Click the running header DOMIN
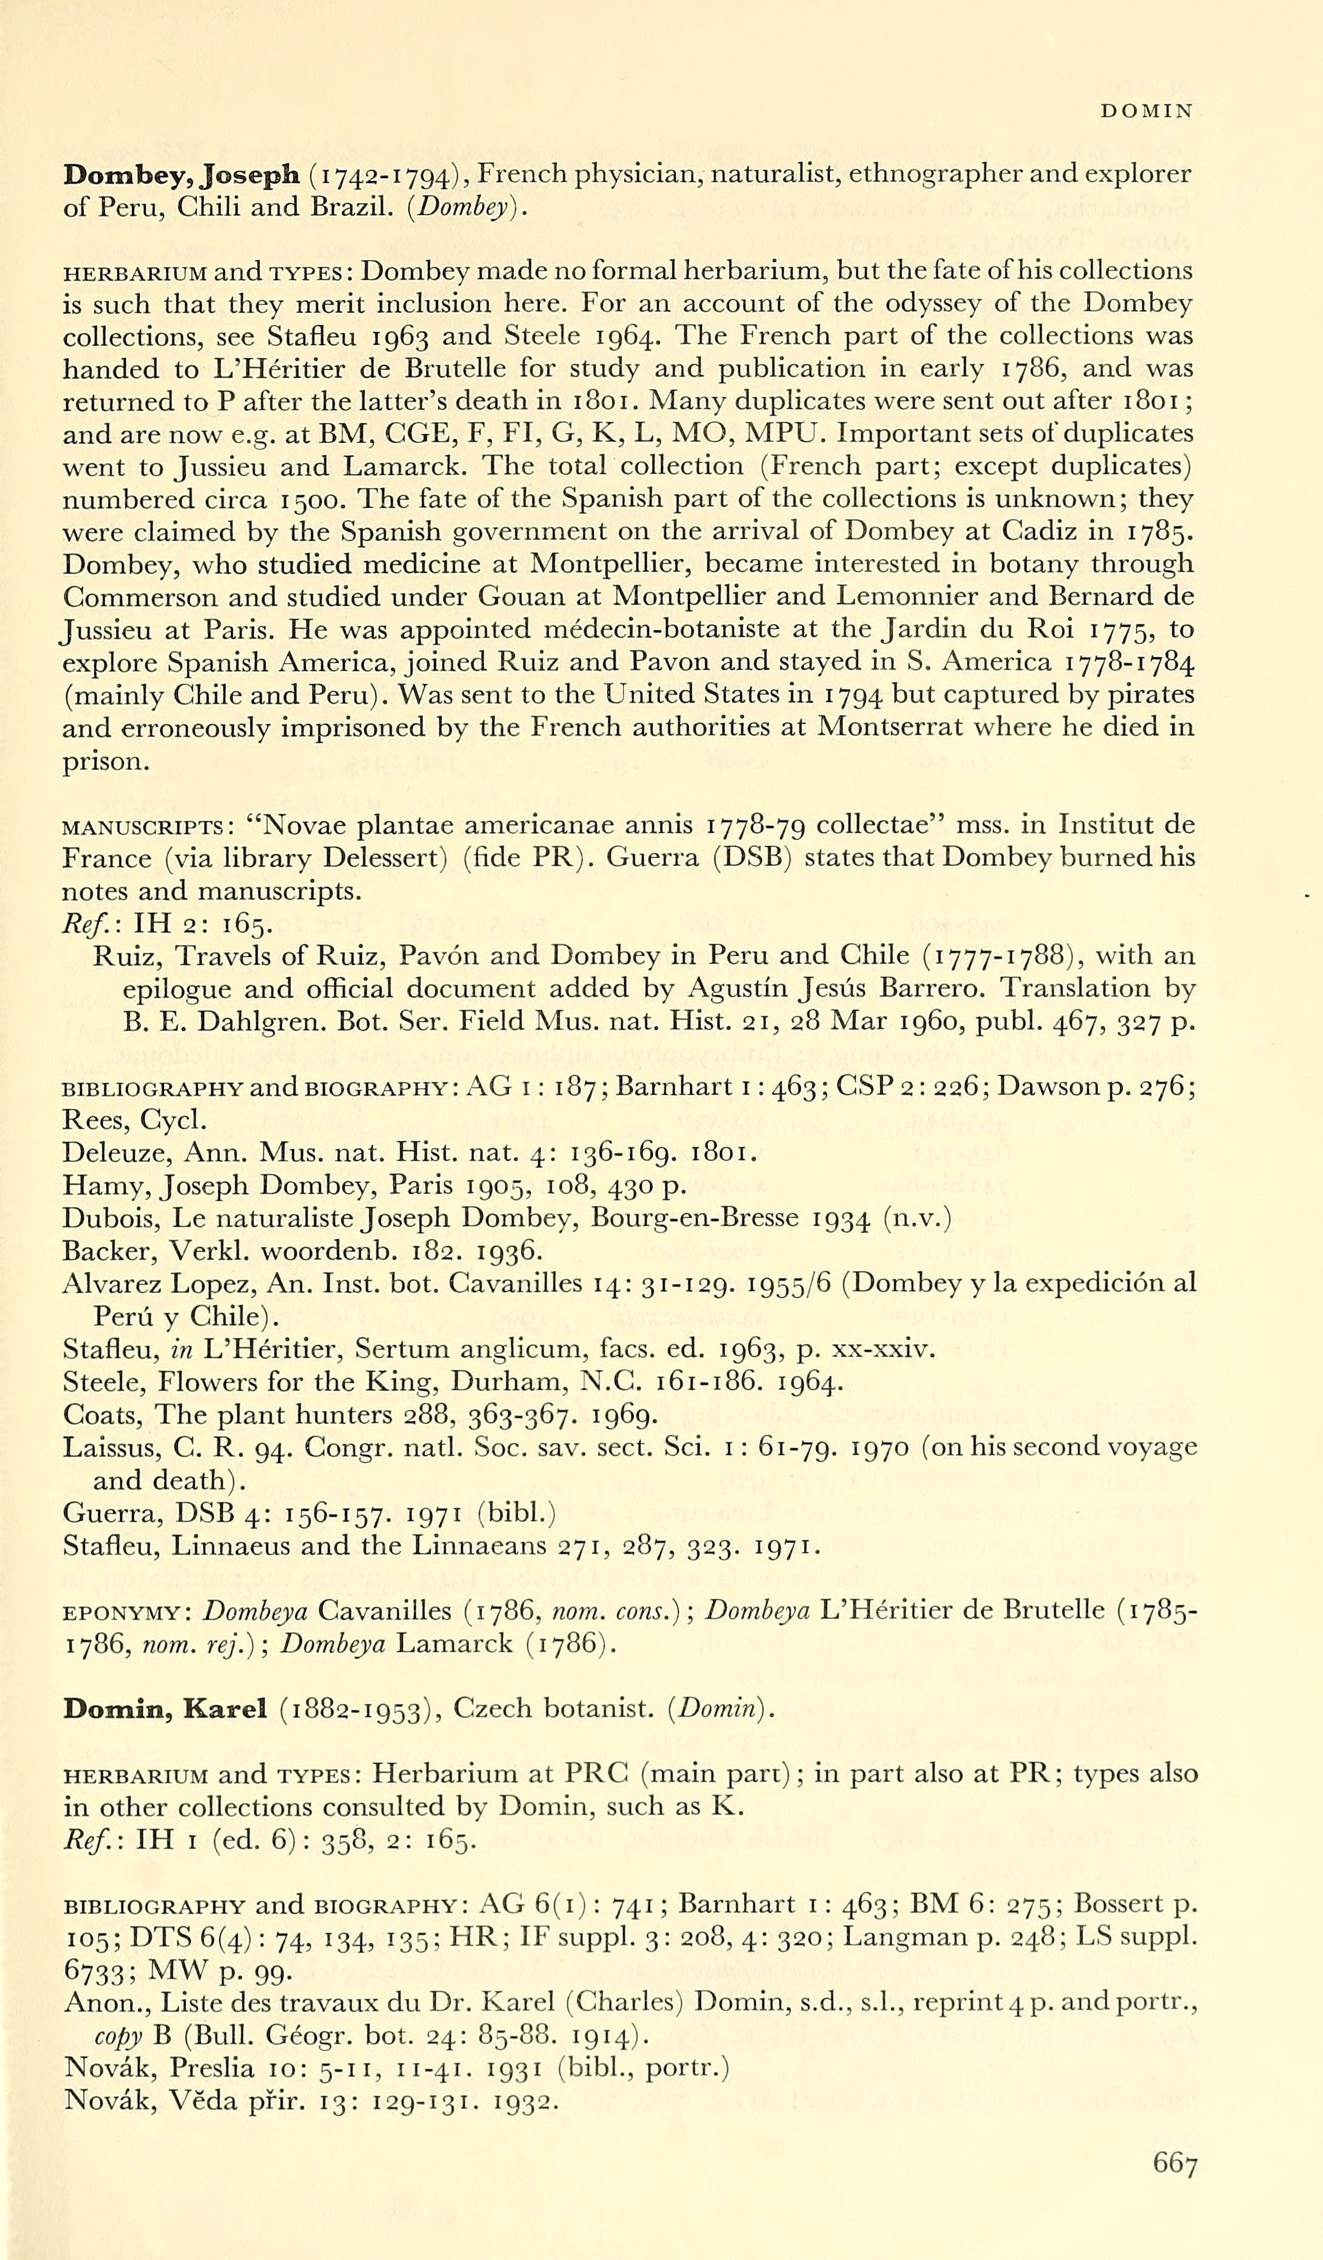click(1146, 111)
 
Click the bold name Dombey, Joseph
click(181, 175)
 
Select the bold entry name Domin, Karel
click(165, 1709)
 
